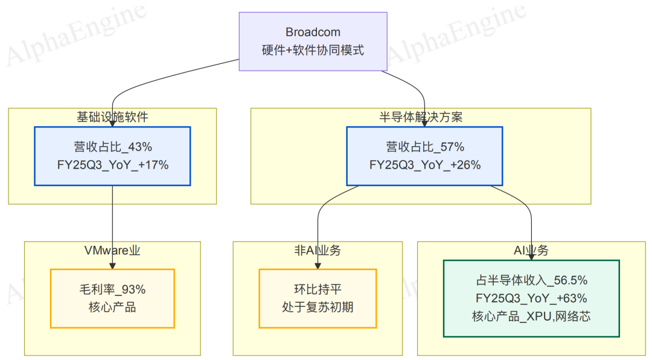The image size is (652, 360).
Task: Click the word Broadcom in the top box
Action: click(x=312, y=32)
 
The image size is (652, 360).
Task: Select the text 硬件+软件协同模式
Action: click(x=312, y=50)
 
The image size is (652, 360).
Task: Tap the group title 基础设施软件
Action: click(x=112, y=117)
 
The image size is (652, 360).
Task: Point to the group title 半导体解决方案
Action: click(x=421, y=117)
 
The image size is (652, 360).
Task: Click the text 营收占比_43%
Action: click(x=112, y=147)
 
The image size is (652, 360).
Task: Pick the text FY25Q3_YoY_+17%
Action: click(x=112, y=164)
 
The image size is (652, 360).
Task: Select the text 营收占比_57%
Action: click(x=424, y=147)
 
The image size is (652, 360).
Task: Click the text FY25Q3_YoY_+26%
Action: click(x=424, y=164)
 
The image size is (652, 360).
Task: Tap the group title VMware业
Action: click(x=112, y=250)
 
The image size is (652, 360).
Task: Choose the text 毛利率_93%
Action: click(x=112, y=290)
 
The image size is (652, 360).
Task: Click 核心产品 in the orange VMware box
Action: click(x=112, y=307)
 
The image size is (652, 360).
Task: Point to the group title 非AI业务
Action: click(x=318, y=250)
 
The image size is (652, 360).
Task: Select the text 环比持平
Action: click(x=318, y=290)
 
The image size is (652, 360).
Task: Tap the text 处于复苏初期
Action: click(x=318, y=307)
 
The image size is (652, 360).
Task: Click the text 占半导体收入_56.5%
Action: click(x=531, y=281)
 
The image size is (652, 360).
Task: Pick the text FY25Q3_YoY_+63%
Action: click(x=531, y=298)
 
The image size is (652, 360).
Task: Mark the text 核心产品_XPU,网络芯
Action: click(x=531, y=316)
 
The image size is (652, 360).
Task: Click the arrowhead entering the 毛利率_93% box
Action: click(x=112, y=265)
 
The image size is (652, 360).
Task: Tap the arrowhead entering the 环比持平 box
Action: click(x=318, y=265)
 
